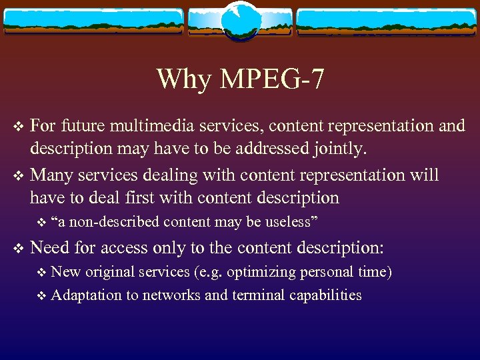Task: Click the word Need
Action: [x=50, y=247]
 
